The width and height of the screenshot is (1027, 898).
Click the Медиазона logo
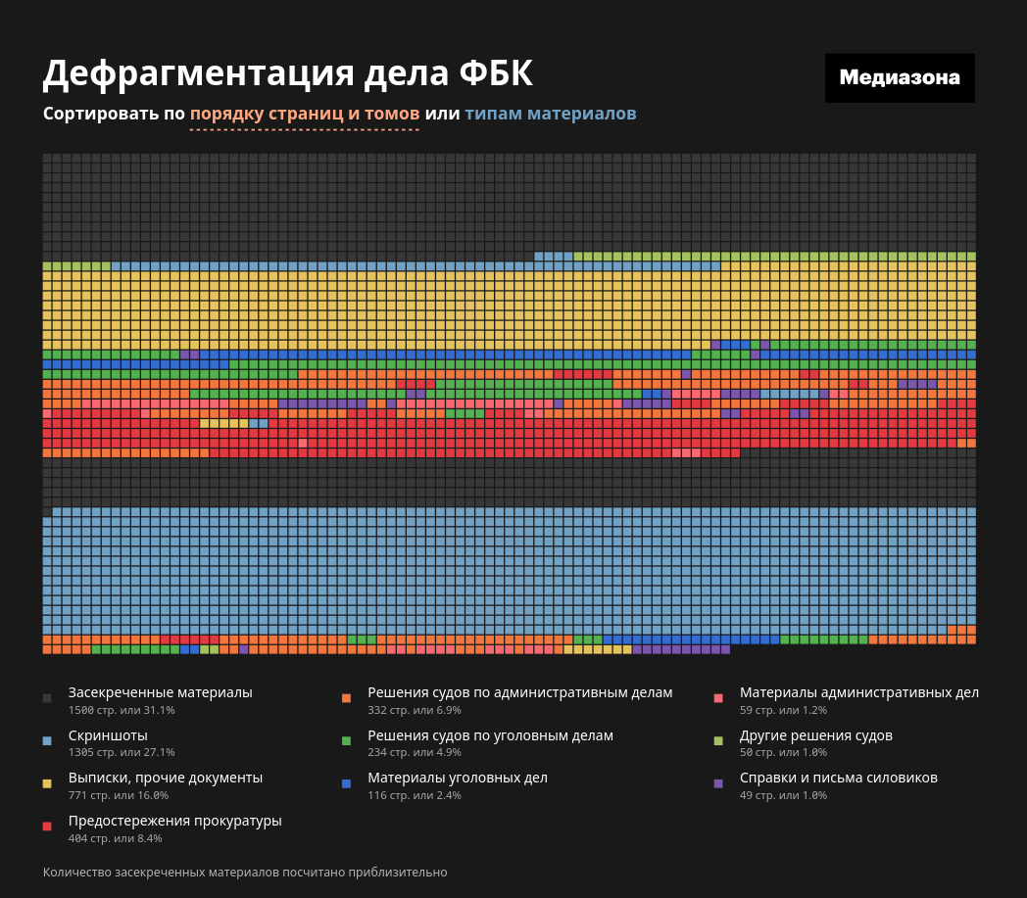[x=900, y=78]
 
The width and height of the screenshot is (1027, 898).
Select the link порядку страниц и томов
[x=305, y=114]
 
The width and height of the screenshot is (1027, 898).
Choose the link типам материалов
[x=551, y=114]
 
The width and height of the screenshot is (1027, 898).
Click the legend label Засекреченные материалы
[x=161, y=692]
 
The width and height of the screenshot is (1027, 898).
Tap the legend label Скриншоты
[x=108, y=735]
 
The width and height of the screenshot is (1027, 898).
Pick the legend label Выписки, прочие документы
[x=166, y=778]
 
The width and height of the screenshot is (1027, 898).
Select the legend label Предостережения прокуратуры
[x=175, y=821]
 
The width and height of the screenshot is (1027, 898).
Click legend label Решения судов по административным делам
[x=519, y=692]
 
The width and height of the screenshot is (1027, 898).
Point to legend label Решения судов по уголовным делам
[x=490, y=735]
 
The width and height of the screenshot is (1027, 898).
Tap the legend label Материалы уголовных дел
[x=458, y=778]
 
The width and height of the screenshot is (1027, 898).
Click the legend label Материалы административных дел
[x=858, y=692]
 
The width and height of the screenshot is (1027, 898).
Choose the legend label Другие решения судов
[x=816, y=735]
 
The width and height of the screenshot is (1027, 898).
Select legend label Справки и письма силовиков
[x=839, y=778]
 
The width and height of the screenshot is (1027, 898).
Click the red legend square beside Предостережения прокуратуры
[x=47, y=827]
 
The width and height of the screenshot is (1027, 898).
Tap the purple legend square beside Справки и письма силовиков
[x=718, y=783]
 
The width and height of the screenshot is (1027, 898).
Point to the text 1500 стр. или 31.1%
[x=122, y=710]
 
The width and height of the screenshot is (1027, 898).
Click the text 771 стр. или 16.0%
[x=119, y=795]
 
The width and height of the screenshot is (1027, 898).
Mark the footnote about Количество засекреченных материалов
[x=245, y=872]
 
